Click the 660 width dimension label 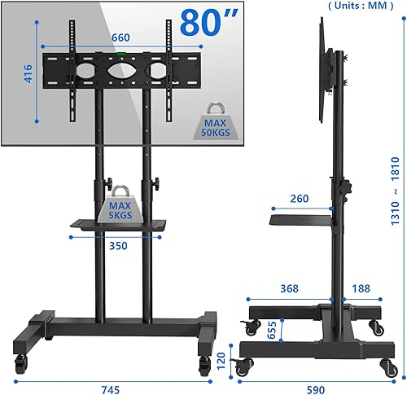120,37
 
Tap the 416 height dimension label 28,73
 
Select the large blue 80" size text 209,22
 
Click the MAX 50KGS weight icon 216,121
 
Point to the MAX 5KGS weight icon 120,204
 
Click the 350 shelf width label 118,246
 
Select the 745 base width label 111,390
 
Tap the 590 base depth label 316,390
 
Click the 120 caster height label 221,361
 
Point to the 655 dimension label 272,330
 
